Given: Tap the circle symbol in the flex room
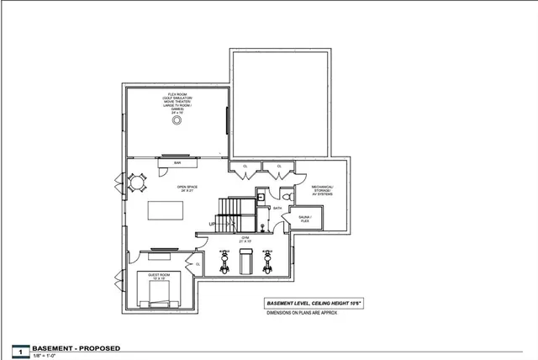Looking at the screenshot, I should [x=177, y=120].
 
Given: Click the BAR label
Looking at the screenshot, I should [x=178, y=162].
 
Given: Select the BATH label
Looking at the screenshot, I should [x=277, y=207].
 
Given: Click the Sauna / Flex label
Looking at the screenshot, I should [x=305, y=220].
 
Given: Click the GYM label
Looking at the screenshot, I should [x=245, y=240].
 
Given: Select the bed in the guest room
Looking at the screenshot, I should [x=158, y=291].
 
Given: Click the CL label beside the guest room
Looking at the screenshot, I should [x=198, y=265].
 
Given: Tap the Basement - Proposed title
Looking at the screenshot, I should [x=76, y=348].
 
